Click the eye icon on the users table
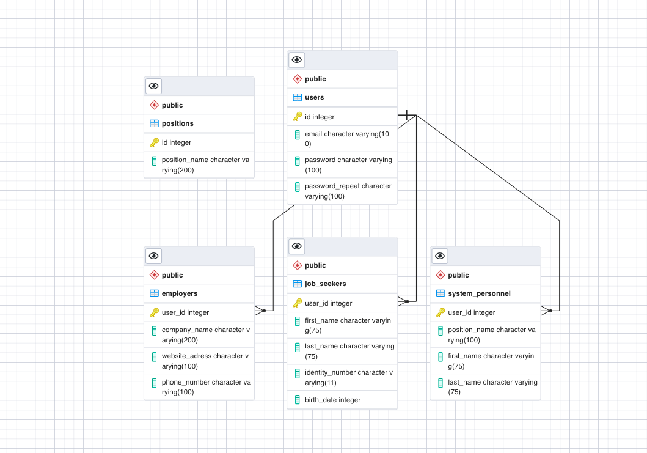(297, 60)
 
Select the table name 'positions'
(178, 123)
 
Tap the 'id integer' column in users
(320, 117)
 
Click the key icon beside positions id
(154, 142)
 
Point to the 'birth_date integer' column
(332, 400)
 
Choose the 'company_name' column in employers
(205, 334)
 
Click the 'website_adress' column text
(205, 361)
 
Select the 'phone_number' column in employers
(206, 387)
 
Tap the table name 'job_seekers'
(326, 284)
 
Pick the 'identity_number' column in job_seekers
(348, 377)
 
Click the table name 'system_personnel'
(479, 293)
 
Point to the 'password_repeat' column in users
(348, 191)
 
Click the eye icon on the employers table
(154, 256)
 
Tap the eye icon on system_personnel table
(440, 256)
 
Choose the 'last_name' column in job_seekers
(349, 351)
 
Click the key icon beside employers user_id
(154, 312)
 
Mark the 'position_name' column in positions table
(205, 164)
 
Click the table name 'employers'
(180, 293)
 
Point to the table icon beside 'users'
(298, 97)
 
